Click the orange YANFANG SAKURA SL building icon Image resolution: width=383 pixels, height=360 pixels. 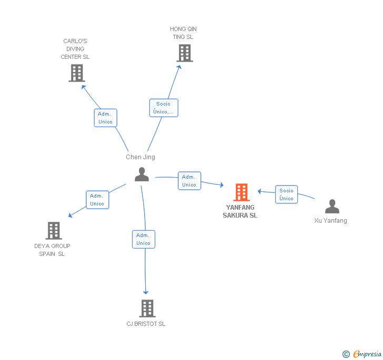pos(241,192)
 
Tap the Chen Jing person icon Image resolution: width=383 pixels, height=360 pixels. pos(142,174)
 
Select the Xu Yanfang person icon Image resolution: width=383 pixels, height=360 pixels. pos(332,207)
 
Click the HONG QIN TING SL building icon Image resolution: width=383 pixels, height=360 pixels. pos(184,53)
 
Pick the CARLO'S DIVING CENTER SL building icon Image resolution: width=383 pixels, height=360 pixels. pos(77,73)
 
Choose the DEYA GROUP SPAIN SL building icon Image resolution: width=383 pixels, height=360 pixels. pos(54,231)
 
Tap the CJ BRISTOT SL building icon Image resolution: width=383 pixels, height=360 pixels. pos(147,308)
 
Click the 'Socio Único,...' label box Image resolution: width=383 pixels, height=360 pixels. pos(164,108)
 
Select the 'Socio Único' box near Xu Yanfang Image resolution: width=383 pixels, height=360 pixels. pos(287,194)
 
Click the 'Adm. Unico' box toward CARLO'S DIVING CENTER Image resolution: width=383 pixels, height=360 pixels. pos(105,118)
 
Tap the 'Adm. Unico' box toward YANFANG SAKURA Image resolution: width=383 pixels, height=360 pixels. pos(189,181)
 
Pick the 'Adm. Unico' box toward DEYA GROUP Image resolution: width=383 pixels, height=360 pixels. pos(97,200)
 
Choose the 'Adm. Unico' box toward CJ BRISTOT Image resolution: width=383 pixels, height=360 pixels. pos(144,239)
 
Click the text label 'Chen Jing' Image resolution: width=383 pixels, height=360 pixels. pos(140,157)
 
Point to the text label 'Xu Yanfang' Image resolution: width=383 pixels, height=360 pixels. pos(330,221)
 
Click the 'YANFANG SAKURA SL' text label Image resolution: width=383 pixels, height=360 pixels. pos(240,211)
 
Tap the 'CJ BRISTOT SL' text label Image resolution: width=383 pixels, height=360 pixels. pos(146,324)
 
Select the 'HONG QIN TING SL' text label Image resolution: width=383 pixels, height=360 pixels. pos(183,33)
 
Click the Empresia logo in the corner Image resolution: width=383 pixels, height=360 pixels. pos(362,354)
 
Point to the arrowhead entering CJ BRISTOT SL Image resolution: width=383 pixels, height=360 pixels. pos(146,292)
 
